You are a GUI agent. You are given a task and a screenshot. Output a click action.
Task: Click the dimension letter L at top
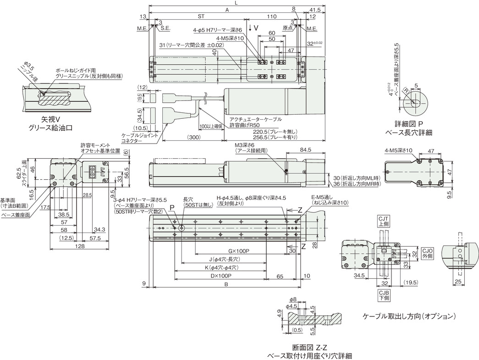[237, 3]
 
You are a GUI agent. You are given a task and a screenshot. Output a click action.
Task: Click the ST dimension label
[200, 16]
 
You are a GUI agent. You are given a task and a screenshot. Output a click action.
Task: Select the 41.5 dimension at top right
[314, 9]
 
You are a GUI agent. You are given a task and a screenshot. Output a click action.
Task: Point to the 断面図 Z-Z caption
[312, 347]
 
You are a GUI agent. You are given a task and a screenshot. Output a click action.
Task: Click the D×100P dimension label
[220, 276]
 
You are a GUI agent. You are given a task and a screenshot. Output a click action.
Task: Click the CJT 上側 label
[383, 222]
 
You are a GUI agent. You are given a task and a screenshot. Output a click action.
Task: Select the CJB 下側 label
[384, 294]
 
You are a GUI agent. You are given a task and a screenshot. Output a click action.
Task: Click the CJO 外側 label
[427, 254]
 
